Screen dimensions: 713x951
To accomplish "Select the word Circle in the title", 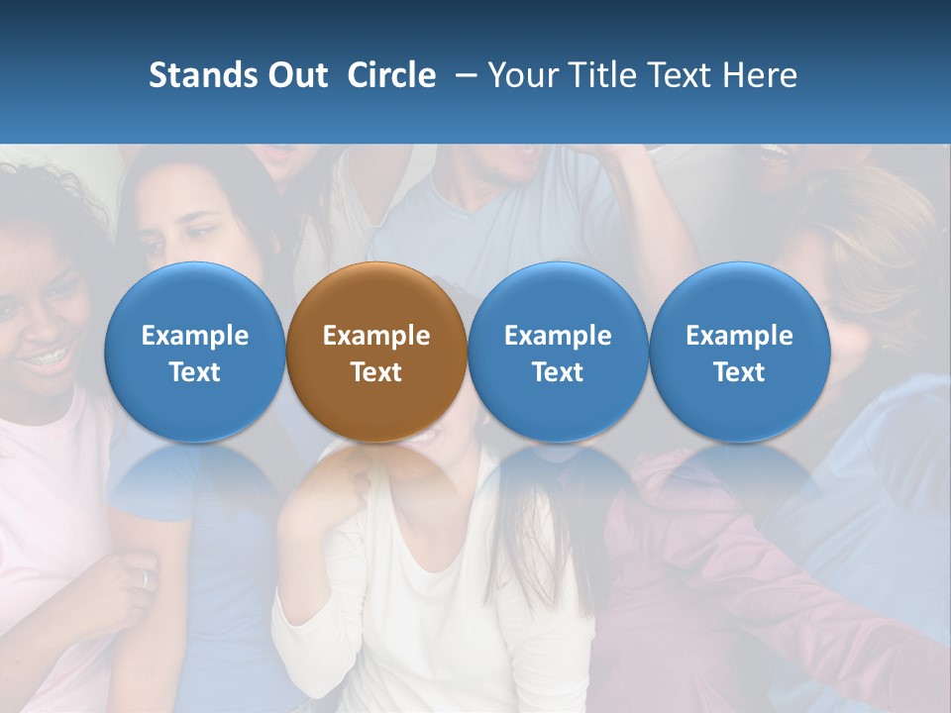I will (x=391, y=75).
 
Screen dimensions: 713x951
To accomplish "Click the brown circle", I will (x=376, y=352).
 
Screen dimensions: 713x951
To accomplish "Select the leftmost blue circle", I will (x=195, y=352).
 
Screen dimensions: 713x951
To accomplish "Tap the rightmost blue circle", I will (x=740, y=352).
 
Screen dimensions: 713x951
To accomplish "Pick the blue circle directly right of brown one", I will (x=558, y=352).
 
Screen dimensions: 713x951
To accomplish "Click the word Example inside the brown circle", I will (x=376, y=336).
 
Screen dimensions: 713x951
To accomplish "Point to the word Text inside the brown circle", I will (x=376, y=372).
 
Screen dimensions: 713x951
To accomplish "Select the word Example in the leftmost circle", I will (x=195, y=336).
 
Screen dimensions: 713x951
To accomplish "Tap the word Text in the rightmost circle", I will (x=740, y=372).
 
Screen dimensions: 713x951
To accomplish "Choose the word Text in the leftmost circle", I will (x=195, y=372).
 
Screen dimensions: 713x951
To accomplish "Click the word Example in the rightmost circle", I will (x=740, y=336).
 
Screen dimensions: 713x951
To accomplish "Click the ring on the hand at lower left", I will (x=145, y=579).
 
